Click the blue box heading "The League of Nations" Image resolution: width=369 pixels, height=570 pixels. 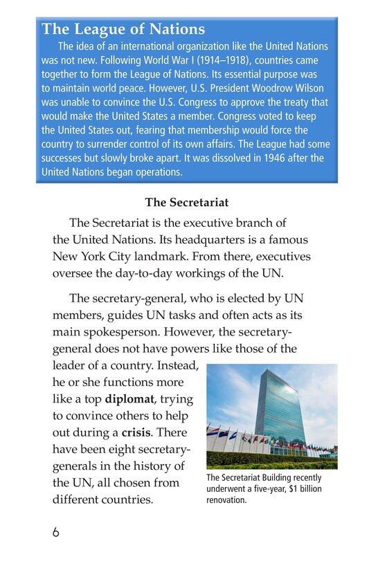pos(123,30)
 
